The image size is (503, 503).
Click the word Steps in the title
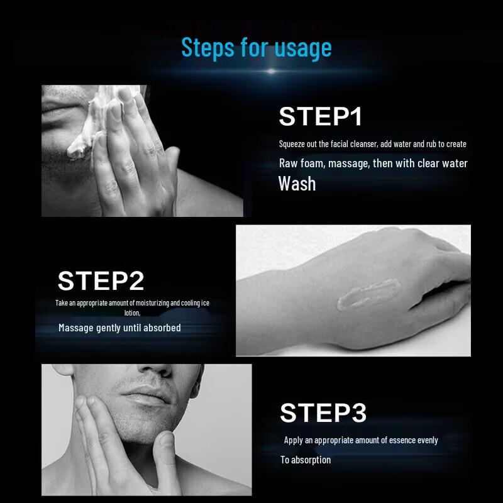coord(208,48)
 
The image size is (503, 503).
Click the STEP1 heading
coord(321,116)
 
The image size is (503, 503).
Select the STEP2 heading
coord(101,280)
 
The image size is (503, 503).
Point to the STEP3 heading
coord(323,412)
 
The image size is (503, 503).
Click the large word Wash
coord(297,184)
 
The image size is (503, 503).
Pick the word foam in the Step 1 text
coord(312,163)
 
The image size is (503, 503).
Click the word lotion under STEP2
coord(132,312)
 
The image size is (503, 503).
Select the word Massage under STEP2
coord(76,328)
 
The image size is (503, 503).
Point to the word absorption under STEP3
coord(311,460)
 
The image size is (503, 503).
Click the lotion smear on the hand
coord(368,294)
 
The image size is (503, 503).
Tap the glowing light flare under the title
coord(272,71)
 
